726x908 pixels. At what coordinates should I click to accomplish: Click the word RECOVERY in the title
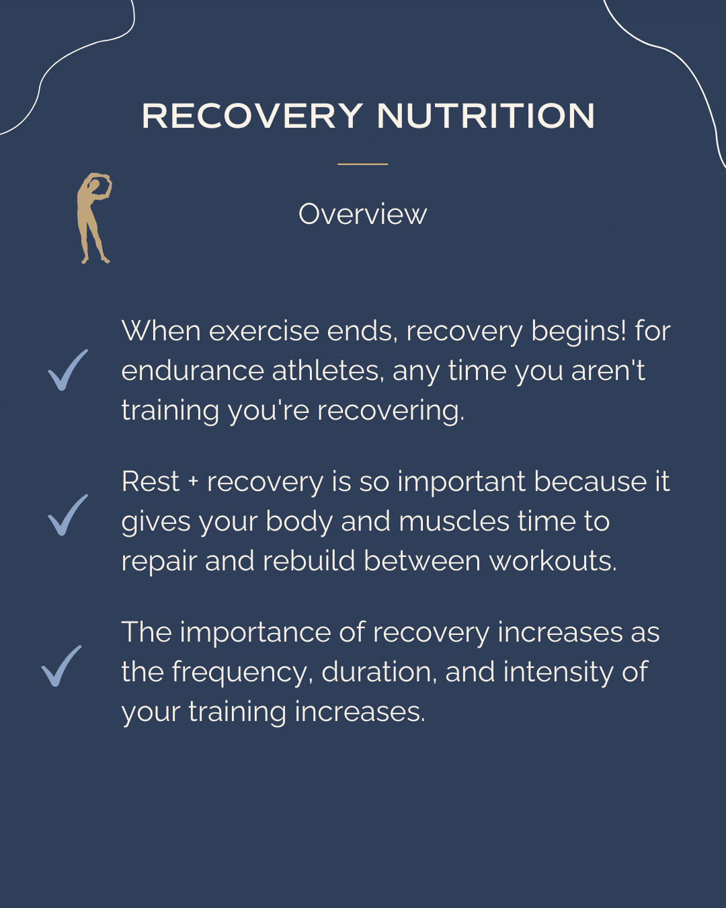coord(252,116)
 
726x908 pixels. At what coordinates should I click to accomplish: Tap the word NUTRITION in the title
coord(485,116)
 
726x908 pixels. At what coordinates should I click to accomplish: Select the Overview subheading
coord(362,214)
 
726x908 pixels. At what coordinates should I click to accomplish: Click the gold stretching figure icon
coord(93,217)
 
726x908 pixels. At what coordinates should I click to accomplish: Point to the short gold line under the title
coord(362,163)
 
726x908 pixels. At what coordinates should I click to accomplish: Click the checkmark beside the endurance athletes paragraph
coord(67,370)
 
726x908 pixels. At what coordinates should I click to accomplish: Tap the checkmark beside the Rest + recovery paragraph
coord(67,515)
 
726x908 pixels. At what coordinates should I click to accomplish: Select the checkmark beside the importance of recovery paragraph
coord(61,666)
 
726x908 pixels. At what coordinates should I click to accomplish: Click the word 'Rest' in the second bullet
coord(151,482)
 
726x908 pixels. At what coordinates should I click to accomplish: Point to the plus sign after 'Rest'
coord(194,482)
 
